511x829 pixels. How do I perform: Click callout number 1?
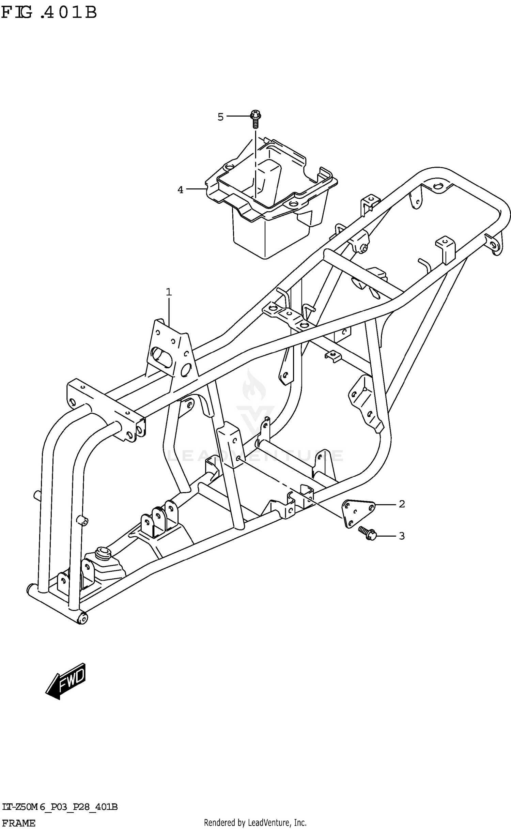coord(169,292)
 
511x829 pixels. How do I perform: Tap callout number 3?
coord(402,536)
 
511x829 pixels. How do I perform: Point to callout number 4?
coord(180,190)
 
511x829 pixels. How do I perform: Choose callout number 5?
coord(220,117)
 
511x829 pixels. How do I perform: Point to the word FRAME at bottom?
coord(19,823)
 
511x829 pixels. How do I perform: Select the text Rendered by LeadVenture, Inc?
coord(255,823)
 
